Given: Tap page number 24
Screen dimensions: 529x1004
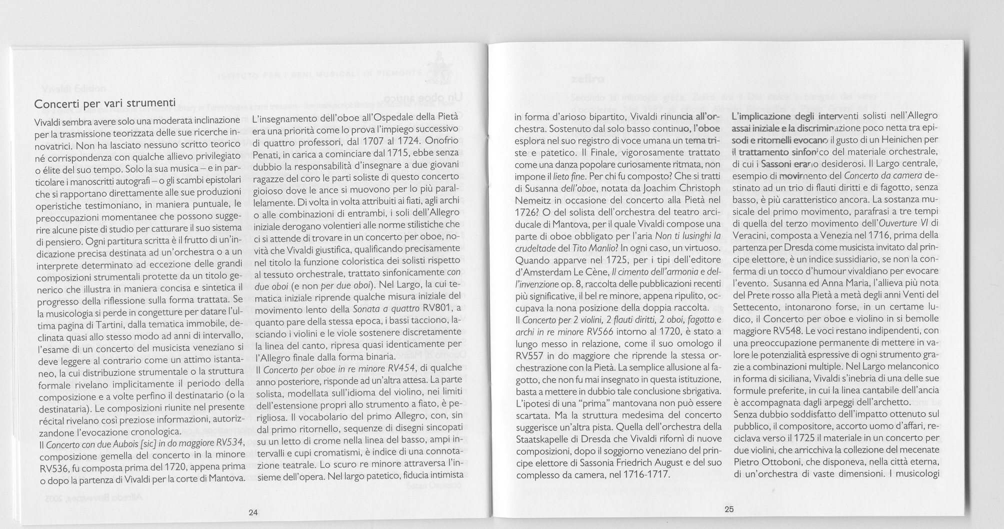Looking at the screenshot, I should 253,513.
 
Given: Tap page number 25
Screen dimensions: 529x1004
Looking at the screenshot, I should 728,510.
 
